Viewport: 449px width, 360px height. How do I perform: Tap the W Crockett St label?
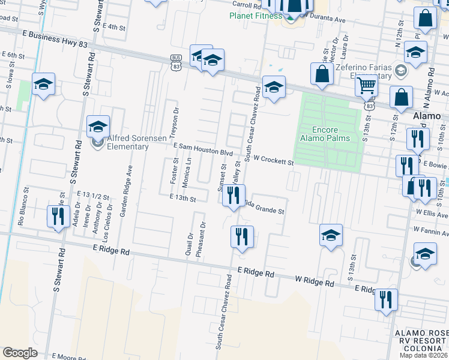(x=273, y=160)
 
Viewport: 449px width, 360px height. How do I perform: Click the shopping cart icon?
(x=366, y=86)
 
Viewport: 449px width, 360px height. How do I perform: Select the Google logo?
(x=20, y=352)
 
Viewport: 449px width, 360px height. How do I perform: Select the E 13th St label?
(x=182, y=197)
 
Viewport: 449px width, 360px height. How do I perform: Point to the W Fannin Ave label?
(x=430, y=230)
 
